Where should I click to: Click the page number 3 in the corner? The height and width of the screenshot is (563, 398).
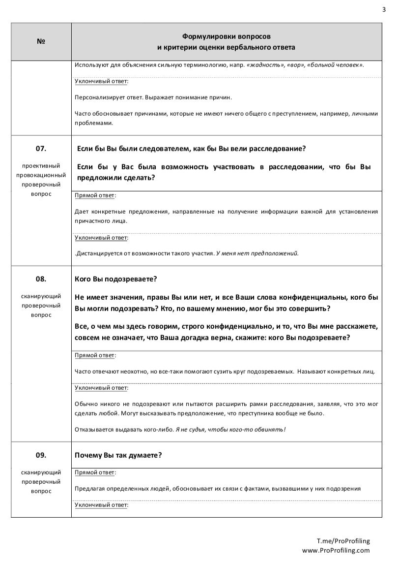(383, 8)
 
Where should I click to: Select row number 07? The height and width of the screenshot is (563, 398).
(41, 148)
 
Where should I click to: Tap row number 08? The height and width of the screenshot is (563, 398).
(41, 279)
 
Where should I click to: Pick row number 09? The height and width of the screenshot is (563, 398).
(41, 455)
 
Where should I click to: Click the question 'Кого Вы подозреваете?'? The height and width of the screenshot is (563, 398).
(115, 279)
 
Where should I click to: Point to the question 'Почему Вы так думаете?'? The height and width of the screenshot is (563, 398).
(118, 455)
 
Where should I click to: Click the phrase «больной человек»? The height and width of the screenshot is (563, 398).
(336, 65)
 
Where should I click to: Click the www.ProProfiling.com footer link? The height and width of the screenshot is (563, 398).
(336, 550)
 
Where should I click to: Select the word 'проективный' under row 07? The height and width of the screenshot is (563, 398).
(41, 166)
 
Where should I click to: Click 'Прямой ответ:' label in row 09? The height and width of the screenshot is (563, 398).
(95, 472)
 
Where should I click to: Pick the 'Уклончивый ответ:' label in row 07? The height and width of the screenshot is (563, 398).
(101, 238)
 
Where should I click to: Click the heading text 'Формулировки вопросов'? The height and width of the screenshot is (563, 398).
(226, 36)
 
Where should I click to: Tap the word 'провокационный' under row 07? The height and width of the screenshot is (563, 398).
(41, 175)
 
